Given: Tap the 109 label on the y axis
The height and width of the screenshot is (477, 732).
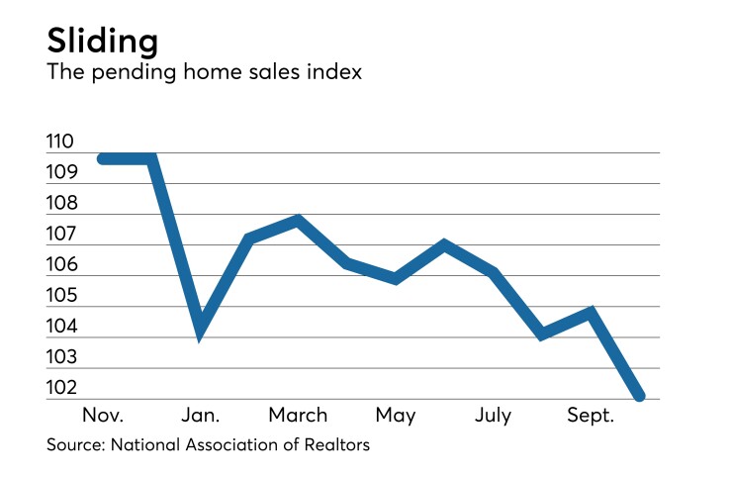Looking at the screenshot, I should click(x=60, y=173).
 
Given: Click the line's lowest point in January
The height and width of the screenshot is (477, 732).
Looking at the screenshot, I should click(x=201, y=334).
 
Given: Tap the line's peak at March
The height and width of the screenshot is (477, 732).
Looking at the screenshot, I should click(x=298, y=220).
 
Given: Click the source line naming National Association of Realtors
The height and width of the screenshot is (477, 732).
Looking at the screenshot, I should click(x=208, y=445).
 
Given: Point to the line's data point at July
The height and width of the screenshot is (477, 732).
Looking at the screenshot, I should click(x=494, y=272).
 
